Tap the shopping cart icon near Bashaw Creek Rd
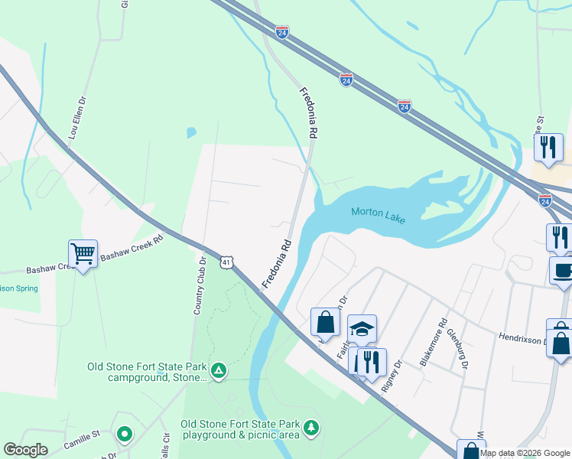[x=83, y=252]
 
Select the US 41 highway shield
[x=226, y=262]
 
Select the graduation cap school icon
[x=362, y=329]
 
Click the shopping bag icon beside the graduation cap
[x=325, y=321]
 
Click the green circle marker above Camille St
[x=125, y=435]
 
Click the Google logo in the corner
[x=25, y=449]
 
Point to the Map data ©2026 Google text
[x=525, y=453]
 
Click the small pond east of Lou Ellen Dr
[x=190, y=132]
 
